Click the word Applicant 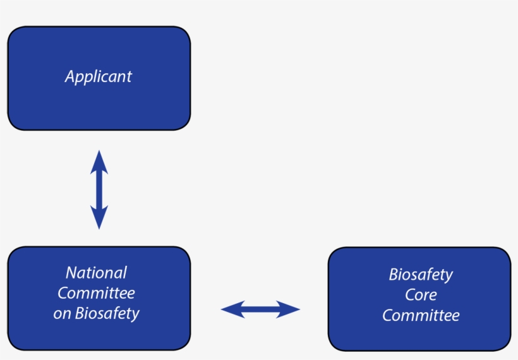(x=98, y=77)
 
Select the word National (x=96, y=273)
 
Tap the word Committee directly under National (x=96, y=293)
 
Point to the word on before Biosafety (x=62, y=313)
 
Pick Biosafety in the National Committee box (x=107, y=313)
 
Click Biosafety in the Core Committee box (x=421, y=275)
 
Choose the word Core (x=421, y=295)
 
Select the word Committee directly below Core (x=421, y=315)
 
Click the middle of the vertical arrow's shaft (x=99, y=189)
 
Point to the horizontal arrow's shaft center (x=260, y=309)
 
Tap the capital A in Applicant (x=69, y=77)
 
